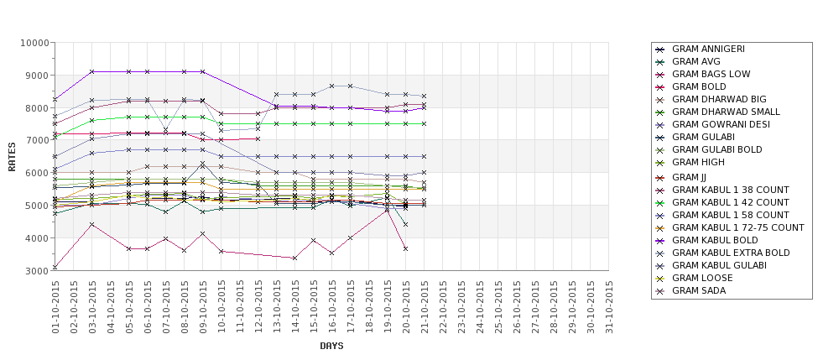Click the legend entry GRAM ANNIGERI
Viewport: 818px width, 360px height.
(708, 49)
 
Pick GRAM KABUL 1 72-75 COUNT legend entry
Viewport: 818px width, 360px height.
(738, 227)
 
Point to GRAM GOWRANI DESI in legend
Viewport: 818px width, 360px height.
(721, 124)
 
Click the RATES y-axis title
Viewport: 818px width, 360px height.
(12, 157)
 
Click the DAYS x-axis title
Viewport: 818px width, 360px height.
(331, 346)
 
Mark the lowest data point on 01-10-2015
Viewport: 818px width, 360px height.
(55, 268)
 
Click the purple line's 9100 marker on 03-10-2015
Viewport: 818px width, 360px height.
(91, 72)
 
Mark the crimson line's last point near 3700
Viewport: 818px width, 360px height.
(405, 248)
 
